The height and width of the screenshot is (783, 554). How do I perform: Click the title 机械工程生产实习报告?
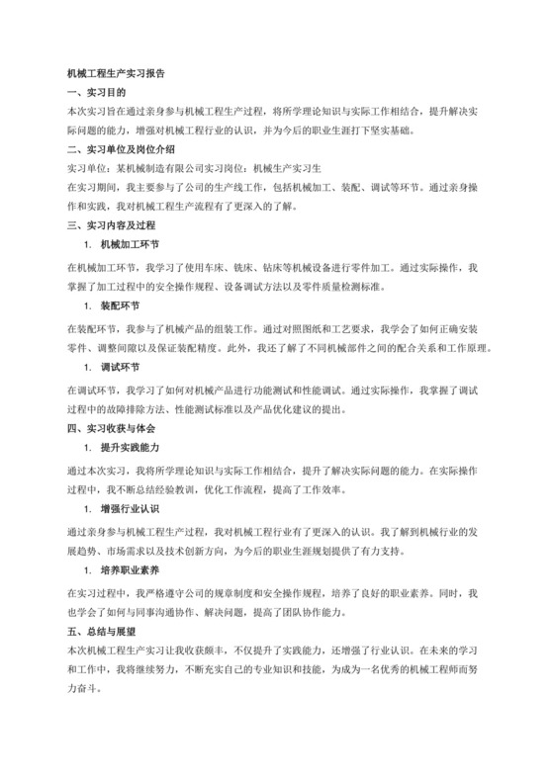(116, 73)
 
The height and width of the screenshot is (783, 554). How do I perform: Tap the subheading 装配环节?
(120, 304)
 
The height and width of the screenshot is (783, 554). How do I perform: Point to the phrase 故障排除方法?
(144, 410)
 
